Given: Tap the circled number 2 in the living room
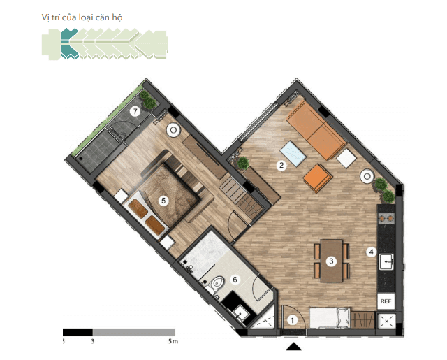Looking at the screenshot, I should [281, 166].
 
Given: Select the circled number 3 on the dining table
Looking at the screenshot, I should [332, 261].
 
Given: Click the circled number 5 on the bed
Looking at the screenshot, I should [163, 200].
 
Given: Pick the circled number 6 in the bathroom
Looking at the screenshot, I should [235, 280].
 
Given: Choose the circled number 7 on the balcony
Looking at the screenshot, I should [136, 110].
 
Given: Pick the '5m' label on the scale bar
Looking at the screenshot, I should [174, 342].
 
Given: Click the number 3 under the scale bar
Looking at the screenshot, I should [93, 342].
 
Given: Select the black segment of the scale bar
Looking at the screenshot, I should [78, 331].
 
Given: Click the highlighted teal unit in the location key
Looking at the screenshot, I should [68, 43].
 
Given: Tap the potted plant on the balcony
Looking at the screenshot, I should [145, 96].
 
